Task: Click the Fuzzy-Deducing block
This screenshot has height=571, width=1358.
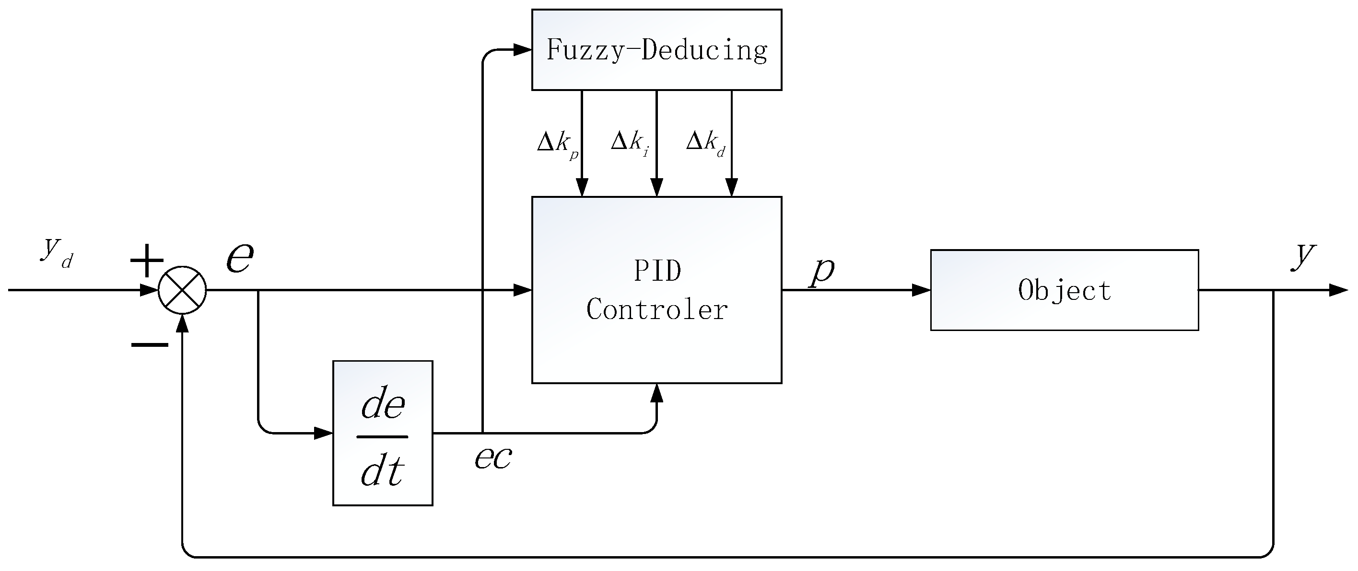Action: tap(656, 49)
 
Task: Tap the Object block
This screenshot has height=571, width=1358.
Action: tap(1064, 290)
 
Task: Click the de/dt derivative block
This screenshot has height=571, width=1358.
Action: tap(383, 433)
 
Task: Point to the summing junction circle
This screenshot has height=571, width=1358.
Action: tap(182, 290)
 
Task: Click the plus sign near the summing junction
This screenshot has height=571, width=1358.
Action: tap(147, 261)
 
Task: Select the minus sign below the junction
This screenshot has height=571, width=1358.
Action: tap(150, 345)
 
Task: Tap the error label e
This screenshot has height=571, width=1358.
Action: tap(240, 258)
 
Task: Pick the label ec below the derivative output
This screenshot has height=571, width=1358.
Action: tap(492, 457)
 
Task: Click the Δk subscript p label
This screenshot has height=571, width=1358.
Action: tap(557, 143)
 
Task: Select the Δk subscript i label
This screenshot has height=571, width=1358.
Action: tap(630, 142)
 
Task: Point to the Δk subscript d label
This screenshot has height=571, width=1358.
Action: tap(705, 142)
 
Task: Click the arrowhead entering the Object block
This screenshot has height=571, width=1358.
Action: tap(922, 290)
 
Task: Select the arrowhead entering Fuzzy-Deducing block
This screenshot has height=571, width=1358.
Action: tap(522, 50)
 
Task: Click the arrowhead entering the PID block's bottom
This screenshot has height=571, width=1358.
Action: tap(656, 393)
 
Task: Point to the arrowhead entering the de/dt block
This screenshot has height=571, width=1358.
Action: tap(323, 433)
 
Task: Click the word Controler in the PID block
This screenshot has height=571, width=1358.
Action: tap(656, 309)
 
